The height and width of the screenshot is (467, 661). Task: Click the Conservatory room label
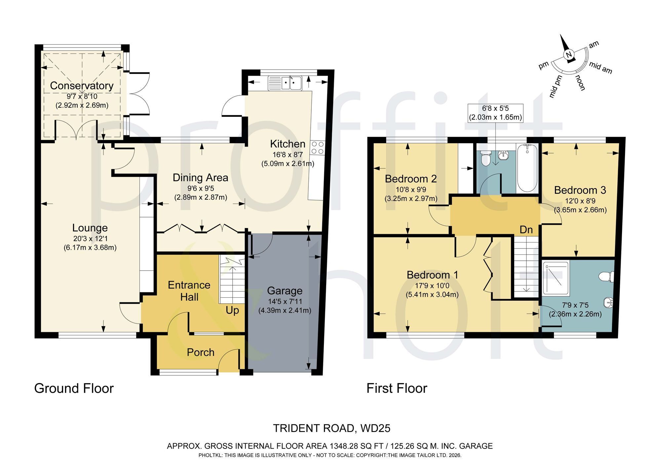point(82,86)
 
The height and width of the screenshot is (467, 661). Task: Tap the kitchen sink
point(285,83)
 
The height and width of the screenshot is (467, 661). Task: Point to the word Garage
point(285,291)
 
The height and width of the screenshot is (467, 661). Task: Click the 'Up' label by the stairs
point(232,311)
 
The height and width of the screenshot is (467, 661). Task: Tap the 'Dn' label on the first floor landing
point(526,230)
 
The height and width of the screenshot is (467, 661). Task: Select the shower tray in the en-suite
point(556,278)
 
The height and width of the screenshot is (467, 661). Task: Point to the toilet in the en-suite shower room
point(607,277)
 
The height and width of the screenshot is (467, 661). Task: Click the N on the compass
point(568,55)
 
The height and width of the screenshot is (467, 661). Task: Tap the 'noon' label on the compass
point(580,83)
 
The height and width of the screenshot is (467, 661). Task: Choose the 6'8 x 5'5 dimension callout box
point(495,113)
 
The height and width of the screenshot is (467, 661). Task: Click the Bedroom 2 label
point(411,179)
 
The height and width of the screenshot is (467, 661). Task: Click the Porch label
point(201,352)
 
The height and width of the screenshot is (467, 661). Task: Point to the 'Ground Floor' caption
point(74,388)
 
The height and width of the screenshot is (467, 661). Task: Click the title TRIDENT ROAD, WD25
point(331,428)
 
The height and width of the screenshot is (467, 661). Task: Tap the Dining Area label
point(200,178)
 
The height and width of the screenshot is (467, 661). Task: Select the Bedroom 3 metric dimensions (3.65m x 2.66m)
point(580,210)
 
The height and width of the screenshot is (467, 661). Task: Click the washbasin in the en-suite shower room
point(608,302)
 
